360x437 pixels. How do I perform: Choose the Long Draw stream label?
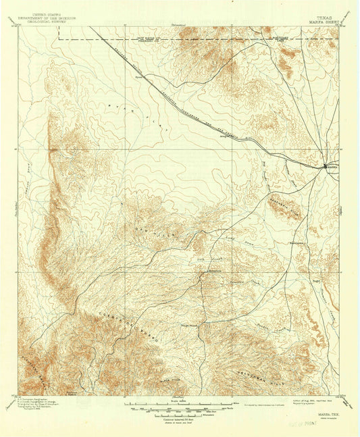tap(234, 240)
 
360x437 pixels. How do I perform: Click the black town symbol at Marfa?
tap(326, 165)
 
